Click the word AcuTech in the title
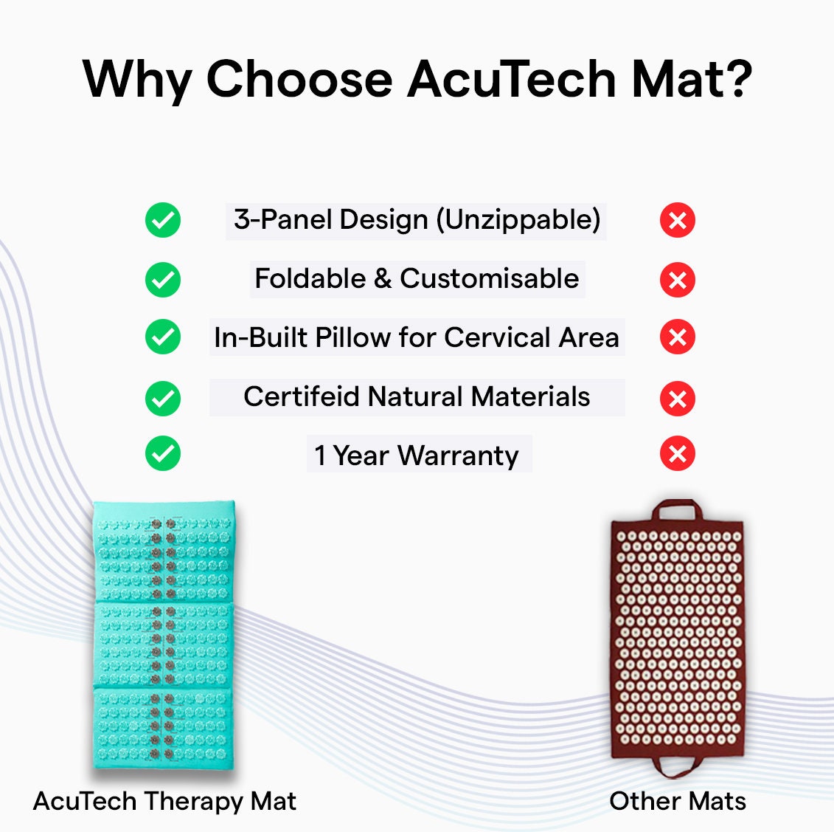click(x=511, y=79)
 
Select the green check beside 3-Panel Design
click(x=163, y=220)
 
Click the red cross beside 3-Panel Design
click(x=678, y=220)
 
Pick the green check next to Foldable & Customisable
click(x=163, y=280)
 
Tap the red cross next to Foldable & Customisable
click(x=678, y=280)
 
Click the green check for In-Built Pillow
click(x=163, y=337)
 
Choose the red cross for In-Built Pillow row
click(x=678, y=337)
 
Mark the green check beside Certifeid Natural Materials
click(x=163, y=399)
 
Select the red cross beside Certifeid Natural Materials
click(x=678, y=399)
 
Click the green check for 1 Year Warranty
click(x=163, y=454)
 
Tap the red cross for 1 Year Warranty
click(x=678, y=454)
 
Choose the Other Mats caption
click(x=677, y=801)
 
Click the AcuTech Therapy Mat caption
click(x=164, y=801)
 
